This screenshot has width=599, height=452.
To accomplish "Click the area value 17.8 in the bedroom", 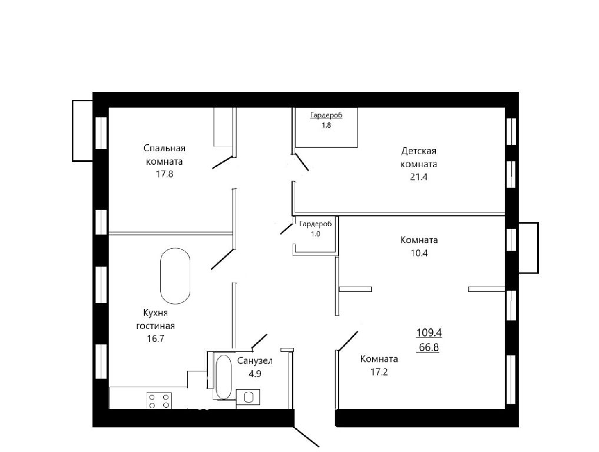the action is tap(164, 174).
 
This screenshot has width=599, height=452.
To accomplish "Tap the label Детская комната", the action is tap(419, 157).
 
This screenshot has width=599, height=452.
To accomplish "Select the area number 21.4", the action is tap(419, 177).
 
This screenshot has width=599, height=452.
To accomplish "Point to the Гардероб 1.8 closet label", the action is tap(326, 120).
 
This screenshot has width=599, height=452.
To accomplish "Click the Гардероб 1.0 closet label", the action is tap(316, 229).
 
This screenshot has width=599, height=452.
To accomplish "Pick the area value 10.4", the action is tap(419, 252).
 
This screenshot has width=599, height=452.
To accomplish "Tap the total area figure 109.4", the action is tap(429, 333).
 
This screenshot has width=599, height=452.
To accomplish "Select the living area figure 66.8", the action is tap(429, 347).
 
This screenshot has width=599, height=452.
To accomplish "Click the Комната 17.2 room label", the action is tap(379, 365).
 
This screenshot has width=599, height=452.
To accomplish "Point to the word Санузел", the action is tap(255, 361).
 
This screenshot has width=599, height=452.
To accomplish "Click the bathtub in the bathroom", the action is tap(223, 377).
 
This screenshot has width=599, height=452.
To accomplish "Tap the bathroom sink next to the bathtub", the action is tap(249, 397).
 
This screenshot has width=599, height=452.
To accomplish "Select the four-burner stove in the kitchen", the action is tap(159, 401).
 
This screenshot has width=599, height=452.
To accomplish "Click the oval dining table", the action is tap(175, 276).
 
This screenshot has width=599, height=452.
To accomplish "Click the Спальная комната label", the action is tap(165, 155).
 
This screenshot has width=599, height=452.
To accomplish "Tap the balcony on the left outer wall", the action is tap(82, 131).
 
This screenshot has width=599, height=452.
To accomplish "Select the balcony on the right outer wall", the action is tap(528, 248).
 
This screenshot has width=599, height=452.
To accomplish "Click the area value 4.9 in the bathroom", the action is tap(255, 374).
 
